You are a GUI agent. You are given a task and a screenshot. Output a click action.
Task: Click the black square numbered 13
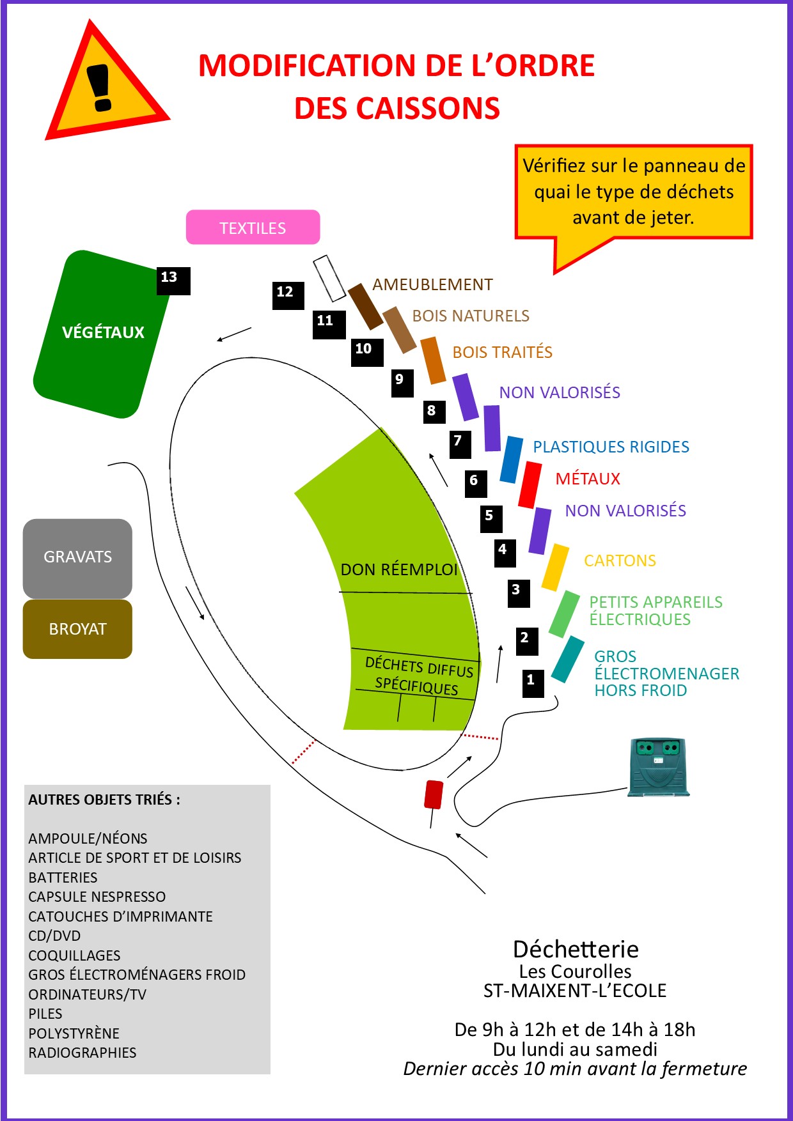point(173,281)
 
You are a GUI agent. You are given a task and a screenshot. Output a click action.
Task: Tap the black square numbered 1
point(533,683)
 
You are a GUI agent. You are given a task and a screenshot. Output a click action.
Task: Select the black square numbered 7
point(460,444)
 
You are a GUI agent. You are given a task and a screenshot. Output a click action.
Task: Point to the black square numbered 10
point(367,352)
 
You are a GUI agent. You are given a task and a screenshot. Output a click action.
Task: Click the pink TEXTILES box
point(253,227)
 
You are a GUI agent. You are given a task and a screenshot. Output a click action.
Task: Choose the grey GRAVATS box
point(77,559)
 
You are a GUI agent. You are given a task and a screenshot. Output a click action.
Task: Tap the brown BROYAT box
point(77,629)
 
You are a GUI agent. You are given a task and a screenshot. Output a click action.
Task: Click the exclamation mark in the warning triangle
point(99,88)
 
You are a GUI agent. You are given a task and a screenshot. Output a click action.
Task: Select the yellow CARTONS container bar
point(555,568)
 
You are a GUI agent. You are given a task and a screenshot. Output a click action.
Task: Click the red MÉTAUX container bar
point(530,484)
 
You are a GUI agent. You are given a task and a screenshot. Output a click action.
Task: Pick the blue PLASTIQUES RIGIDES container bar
point(512,460)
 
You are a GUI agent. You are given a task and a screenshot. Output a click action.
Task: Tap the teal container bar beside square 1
point(568,659)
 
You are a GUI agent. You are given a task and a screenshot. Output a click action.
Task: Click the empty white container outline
point(329,279)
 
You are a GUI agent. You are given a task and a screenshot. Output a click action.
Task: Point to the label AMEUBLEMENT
point(432,284)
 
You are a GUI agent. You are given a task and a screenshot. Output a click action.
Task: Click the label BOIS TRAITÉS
point(502,352)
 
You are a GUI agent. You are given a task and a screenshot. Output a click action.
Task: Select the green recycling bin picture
point(659,768)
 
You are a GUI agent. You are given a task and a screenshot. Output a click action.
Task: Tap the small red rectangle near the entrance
point(434,794)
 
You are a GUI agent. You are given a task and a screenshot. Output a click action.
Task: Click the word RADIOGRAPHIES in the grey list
point(82,1053)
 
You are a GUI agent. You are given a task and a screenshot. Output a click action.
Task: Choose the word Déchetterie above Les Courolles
point(576,949)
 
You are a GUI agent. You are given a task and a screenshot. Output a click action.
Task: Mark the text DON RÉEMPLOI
point(399,569)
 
